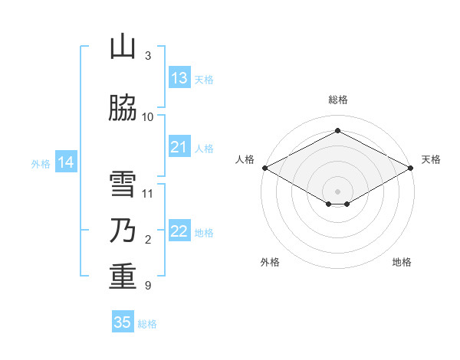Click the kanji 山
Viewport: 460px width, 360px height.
[x=123, y=46]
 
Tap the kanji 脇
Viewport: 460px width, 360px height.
[x=123, y=107]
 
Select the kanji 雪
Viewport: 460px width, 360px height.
[x=123, y=184]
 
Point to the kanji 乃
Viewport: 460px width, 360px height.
[x=123, y=230]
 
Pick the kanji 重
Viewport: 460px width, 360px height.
[x=123, y=277]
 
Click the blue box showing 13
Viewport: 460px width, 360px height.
[x=179, y=77]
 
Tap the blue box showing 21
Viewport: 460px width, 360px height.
[x=179, y=146]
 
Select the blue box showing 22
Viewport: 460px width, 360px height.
[x=179, y=230]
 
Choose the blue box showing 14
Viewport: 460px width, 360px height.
[x=66, y=162]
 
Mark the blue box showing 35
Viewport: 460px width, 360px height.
[x=123, y=321]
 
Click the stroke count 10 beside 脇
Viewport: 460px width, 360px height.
[x=147, y=117]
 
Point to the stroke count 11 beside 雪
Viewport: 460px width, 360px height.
[x=147, y=194]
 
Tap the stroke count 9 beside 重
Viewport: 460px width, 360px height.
[x=148, y=286]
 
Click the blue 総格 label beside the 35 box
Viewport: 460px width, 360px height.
[x=147, y=324]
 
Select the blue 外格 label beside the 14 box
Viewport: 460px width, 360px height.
[x=41, y=164]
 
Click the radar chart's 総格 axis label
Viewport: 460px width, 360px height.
[x=338, y=100]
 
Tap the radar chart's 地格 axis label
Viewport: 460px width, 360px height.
[x=402, y=262]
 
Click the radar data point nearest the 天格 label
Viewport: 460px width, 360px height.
[x=411, y=168]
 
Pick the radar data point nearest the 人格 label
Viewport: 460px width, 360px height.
[x=265, y=168]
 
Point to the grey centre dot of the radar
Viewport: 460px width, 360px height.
[x=337, y=191]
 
